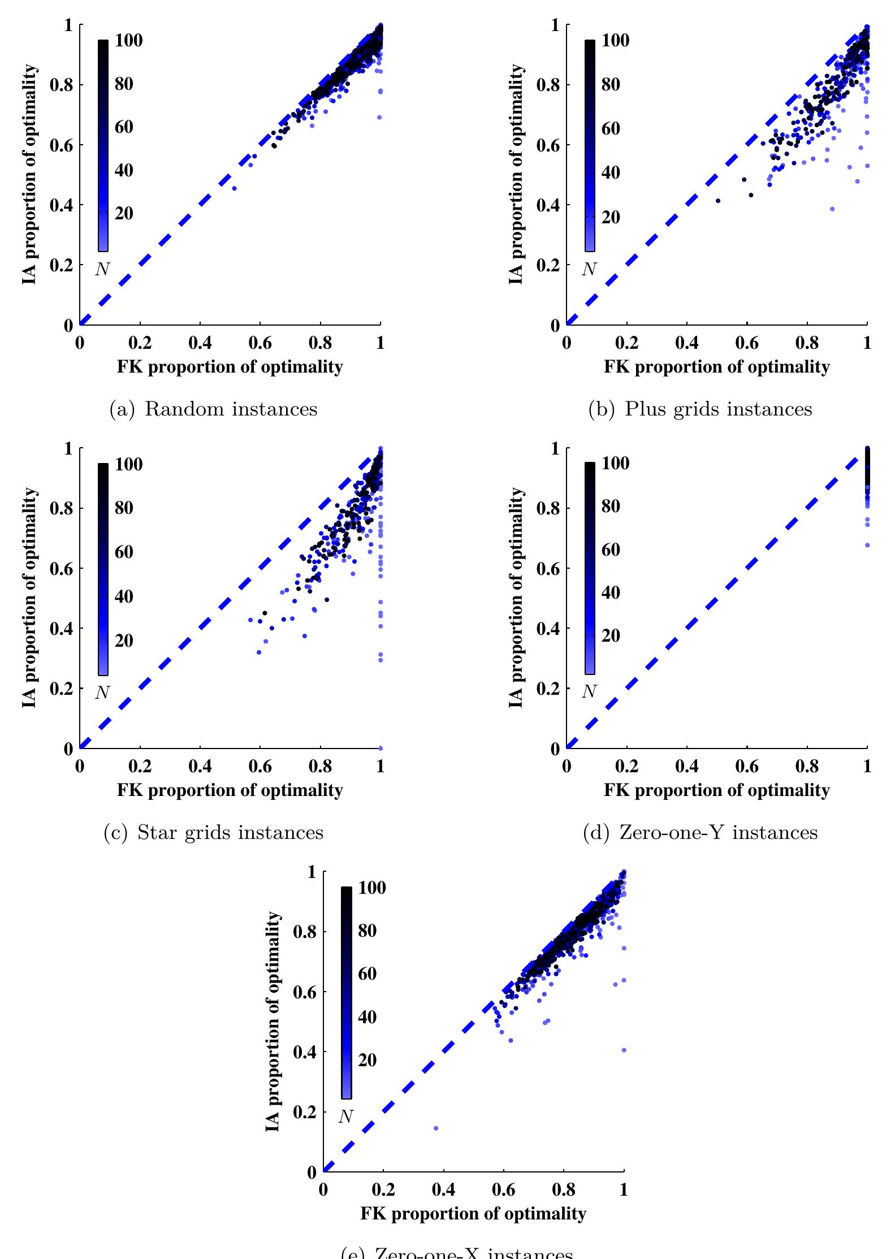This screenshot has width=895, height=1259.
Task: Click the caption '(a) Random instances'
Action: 213,409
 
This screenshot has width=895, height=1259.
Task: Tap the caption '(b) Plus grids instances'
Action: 700,409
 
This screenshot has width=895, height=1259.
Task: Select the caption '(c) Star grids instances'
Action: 213,832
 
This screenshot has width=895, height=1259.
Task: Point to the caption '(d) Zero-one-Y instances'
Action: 700,832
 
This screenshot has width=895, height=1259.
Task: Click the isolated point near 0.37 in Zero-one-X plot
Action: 435,1128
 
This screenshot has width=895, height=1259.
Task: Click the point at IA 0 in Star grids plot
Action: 381,748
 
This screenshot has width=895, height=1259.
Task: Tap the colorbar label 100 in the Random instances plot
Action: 129,40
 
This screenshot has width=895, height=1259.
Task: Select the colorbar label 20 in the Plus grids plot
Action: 611,218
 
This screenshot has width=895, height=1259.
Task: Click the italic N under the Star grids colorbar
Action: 102,693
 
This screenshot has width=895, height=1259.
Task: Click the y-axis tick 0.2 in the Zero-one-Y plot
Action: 547,689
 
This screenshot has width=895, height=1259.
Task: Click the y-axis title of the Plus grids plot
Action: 516,174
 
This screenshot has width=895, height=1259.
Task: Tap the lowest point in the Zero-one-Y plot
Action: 867,545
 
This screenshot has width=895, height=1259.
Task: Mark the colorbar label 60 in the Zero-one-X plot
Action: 367,974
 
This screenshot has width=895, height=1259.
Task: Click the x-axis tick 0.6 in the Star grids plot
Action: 260,766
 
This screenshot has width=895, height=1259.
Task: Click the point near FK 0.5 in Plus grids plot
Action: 718,201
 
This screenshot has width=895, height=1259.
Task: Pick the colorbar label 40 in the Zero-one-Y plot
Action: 611,592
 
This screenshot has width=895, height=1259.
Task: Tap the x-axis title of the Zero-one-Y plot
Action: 716,790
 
